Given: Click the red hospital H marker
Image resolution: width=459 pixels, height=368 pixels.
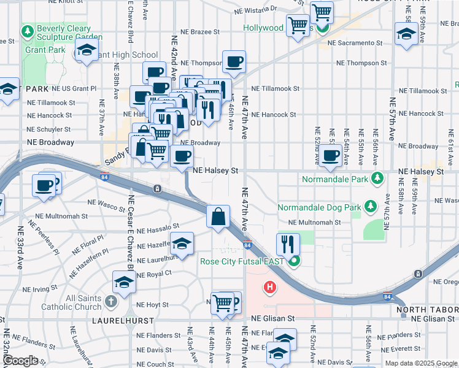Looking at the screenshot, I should pyautogui.click(x=269, y=286).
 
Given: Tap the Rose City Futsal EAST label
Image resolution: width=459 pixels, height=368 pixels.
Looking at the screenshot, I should pyautogui.click(x=242, y=261).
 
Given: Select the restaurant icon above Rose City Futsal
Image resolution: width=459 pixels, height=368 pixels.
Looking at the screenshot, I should pyautogui.click(x=288, y=243).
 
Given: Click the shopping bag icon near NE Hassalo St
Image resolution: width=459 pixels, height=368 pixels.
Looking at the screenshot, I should pyautogui.click(x=218, y=217).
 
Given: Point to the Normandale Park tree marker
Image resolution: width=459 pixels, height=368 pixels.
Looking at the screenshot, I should pyautogui.click(x=378, y=179).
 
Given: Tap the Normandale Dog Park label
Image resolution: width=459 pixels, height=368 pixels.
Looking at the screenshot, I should pyautogui.click(x=319, y=207).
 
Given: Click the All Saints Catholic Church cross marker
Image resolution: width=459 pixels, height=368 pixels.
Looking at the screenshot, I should pyautogui.click(x=110, y=302).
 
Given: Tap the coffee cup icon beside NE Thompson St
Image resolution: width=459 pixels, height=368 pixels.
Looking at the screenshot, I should pyautogui.click(x=234, y=62).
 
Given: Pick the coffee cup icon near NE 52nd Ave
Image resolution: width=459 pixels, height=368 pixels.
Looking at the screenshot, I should pyautogui.click(x=331, y=156).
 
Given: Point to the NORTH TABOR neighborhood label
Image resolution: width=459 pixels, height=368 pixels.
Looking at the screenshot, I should pyautogui.click(x=426, y=310).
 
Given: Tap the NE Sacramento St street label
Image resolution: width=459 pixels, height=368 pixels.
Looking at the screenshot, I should pyautogui.click(x=355, y=43).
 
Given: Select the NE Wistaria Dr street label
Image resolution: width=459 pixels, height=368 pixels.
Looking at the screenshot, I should pyautogui.click(x=256, y=10).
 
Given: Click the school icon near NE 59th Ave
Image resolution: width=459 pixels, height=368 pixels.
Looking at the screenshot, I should pyautogui.click(x=406, y=34).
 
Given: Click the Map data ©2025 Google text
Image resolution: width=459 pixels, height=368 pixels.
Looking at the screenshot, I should pyautogui.click(x=421, y=363).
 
